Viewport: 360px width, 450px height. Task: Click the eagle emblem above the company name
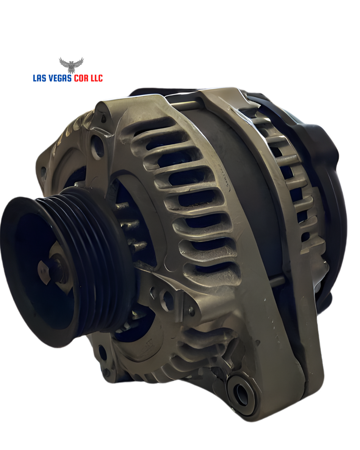tap(71, 65)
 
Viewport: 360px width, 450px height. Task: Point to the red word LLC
tap(96, 78)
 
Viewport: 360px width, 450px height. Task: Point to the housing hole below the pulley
tap(102, 352)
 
